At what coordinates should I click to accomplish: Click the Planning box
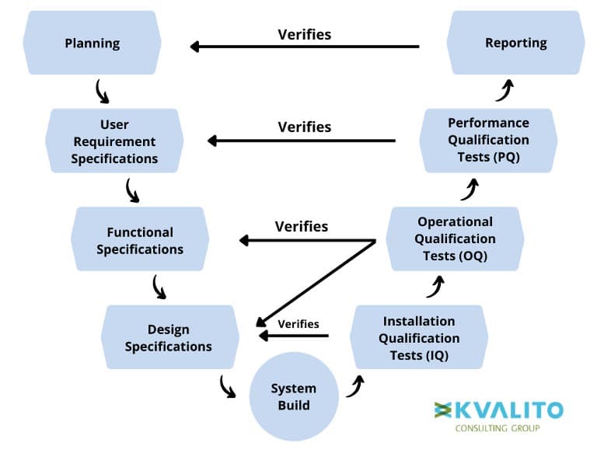(92, 43)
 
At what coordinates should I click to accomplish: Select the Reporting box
(516, 43)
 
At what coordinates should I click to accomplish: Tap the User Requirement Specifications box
(114, 141)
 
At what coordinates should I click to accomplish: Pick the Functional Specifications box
(140, 239)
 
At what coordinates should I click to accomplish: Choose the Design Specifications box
(170, 337)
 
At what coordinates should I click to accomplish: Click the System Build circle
(294, 396)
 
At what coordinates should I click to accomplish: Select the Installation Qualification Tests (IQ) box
(419, 337)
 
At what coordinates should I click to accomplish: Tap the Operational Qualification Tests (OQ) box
(455, 239)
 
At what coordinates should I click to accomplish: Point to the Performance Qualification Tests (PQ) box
(488, 141)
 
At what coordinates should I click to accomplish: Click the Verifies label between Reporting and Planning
(304, 35)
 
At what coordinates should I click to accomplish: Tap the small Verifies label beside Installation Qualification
(299, 324)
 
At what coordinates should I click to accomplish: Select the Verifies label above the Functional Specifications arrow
(302, 226)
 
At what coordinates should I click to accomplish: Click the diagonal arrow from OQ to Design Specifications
(316, 284)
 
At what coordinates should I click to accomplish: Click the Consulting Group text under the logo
(498, 428)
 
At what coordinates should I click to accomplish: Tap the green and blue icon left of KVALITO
(443, 410)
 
